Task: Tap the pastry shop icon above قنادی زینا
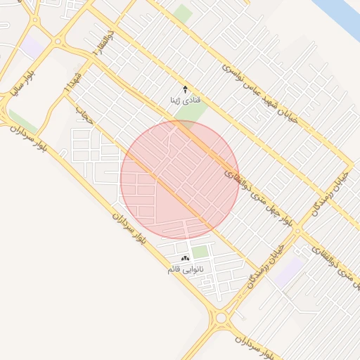(x=186, y=89)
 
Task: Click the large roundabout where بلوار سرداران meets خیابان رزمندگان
(x=221, y=318)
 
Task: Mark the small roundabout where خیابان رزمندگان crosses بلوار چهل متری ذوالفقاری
(x=298, y=230)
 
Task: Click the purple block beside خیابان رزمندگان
(x=289, y=271)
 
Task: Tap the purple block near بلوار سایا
(x=31, y=49)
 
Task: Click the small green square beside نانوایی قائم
(x=200, y=252)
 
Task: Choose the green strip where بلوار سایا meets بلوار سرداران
(x=21, y=120)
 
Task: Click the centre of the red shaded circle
(x=180, y=180)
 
